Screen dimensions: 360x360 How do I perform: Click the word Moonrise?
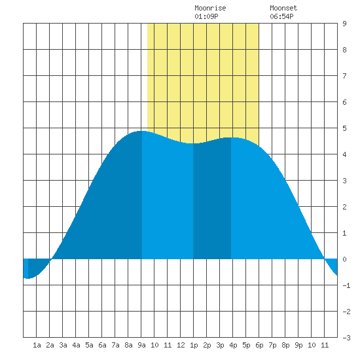coord(210,8)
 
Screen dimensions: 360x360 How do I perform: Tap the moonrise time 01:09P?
coord(206,16)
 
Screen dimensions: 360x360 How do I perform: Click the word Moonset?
coord(283,8)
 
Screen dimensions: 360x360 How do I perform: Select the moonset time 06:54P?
coord(281,16)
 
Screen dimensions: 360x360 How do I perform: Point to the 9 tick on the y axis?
coord(344,24)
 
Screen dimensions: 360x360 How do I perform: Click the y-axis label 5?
coord(344,128)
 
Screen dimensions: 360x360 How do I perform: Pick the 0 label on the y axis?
coord(344,259)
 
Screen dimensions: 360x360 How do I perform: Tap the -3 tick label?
coord(346,338)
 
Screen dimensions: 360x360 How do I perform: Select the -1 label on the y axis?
coord(346,285)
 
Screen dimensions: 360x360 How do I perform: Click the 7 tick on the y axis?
coord(344,76)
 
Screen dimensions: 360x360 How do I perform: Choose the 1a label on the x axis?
coord(37,345)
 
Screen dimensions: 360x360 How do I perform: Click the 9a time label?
coord(141,345)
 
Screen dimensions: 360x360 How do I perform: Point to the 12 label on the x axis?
coord(181,345)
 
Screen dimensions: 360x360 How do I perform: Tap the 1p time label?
coord(194,345)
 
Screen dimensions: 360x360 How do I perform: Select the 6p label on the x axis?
coord(259,345)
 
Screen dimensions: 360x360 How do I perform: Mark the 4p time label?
coord(233,345)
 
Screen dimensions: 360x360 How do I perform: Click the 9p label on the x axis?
coord(298,345)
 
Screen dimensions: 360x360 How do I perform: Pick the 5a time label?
coord(89,345)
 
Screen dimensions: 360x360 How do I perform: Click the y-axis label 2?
coord(344,207)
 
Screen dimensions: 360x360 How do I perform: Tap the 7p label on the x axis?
coord(272,345)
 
